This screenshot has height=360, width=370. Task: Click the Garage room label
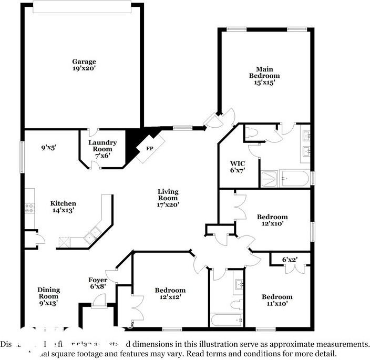[84, 61]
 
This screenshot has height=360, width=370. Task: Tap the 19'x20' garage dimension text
[84, 68]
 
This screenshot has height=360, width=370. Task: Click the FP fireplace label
[149, 148]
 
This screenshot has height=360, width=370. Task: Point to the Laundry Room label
[102, 143]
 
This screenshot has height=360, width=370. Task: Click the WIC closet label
[238, 163]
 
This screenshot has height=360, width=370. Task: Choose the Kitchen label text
[63, 203]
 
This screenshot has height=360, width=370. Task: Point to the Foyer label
[98, 280]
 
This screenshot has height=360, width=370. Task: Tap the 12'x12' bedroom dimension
[170, 297]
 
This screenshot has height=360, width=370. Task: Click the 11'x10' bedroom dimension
[277, 304]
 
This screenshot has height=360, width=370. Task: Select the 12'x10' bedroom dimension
[272, 223]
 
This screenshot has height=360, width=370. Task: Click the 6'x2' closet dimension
[290, 260]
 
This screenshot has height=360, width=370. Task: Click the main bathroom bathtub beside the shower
[294, 179]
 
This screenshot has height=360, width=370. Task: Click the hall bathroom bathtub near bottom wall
[225, 318]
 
